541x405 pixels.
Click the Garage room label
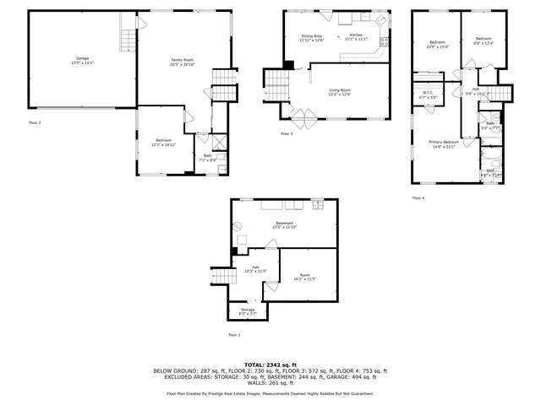click(x=82, y=59)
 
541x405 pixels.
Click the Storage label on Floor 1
click(x=248, y=310)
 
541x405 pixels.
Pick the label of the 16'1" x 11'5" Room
click(x=303, y=276)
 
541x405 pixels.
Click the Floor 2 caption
click(x=35, y=122)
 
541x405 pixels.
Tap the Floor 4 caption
click(x=418, y=197)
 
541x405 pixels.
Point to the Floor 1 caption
click(x=234, y=335)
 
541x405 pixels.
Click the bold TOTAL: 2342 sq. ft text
click(x=270, y=364)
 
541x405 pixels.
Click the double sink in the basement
click(x=317, y=204)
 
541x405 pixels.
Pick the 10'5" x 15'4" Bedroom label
click(x=437, y=44)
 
